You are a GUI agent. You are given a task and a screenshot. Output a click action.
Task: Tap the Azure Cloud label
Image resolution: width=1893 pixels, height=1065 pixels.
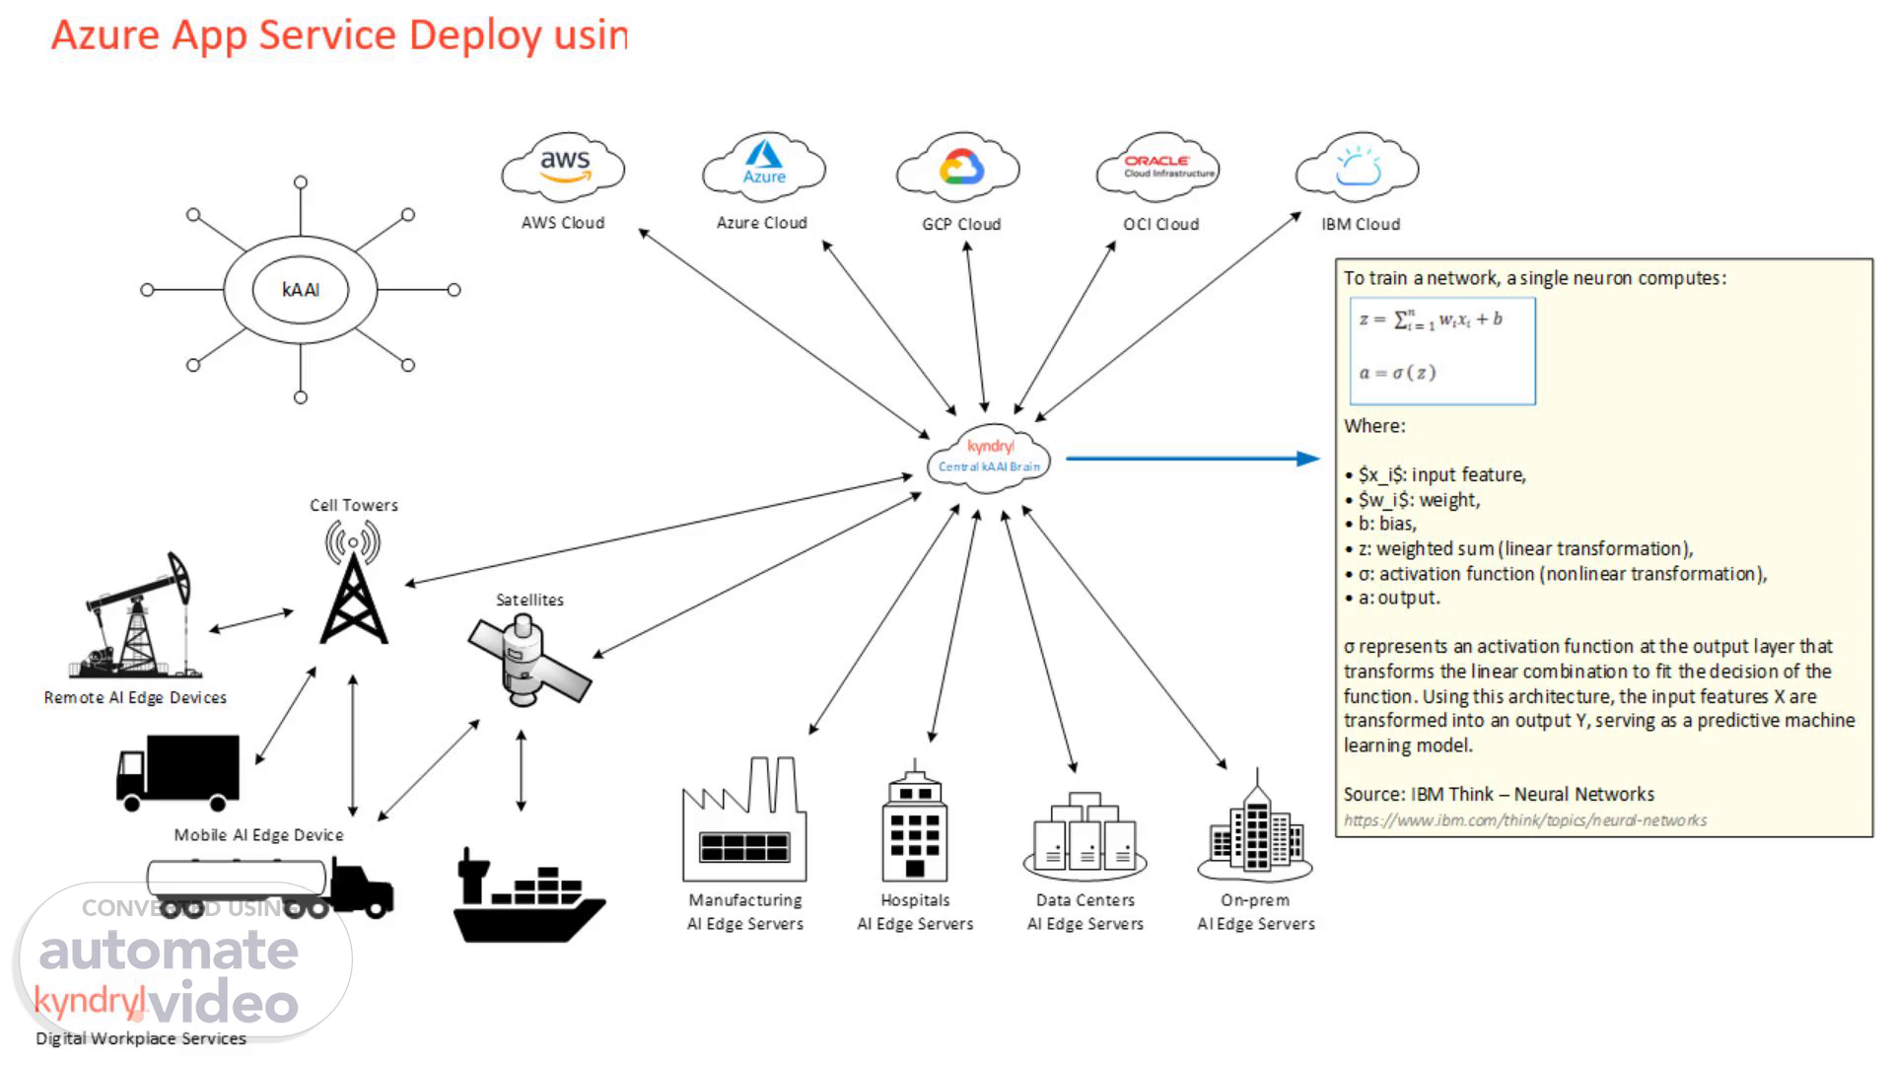tap(761, 223)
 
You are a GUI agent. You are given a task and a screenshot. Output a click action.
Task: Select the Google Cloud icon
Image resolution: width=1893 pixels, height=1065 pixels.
tap(959, 168)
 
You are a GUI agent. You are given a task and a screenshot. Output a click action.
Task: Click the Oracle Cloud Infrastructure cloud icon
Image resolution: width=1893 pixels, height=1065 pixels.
tap(1157, 167)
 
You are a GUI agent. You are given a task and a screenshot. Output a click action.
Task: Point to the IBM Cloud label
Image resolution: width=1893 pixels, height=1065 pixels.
tap(1361, 224)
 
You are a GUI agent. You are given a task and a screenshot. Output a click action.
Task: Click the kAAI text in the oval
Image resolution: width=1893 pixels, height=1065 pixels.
tap(301, 290)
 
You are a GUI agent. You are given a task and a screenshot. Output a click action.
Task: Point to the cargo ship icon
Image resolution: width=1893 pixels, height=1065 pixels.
tap(527, 897)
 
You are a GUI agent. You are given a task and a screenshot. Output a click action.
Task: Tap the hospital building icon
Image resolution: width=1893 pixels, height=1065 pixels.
tap(914, 823)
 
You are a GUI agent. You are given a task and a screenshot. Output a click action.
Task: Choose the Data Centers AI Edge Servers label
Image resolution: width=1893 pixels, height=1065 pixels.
tap(1085, 912)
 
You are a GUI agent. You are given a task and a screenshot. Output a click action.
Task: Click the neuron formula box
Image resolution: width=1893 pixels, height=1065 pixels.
tap(1442, 350)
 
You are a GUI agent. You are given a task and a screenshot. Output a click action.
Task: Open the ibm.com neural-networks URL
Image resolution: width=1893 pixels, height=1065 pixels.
tap(1524, 820)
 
